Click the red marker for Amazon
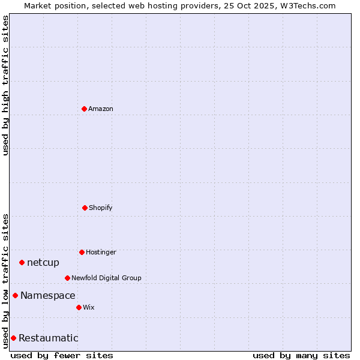pyautogui.click(x=84, y=109)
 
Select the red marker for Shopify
pyautogui.click(x=85, y=208)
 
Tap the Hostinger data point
pyautogui.click(x=82, y=252)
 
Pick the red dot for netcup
pyautogui.click(x=22, y=262)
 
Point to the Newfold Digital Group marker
pyautogui.click(x=67, y=278)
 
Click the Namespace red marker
pyautogui.click(x=15, y=295)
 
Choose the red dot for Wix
pyautogui.click(x=79, y=307)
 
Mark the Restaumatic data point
pyautogui.click(x=13, y=338)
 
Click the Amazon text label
pyautogui.click(x=101, y=109)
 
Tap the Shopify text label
pyautogui.click(x=101, y=208)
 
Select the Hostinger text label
pyautogui.click(x=101, y=252)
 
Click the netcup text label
pyautogui.click(x=43, y=262)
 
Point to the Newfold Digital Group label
pyautogui.click(x=106, y=278)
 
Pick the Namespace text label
pyautogui.click(x=48, y=295)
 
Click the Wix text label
pyautogui.click(x=89, y=307)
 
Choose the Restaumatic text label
pyautogui.click(x=49, y=338)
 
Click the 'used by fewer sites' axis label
pyautogui.click(x=62, y=355)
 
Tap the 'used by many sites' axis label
pyautogui.click(x=301, y=355)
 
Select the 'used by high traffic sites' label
pyautogui.click(x=5, y=85)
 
